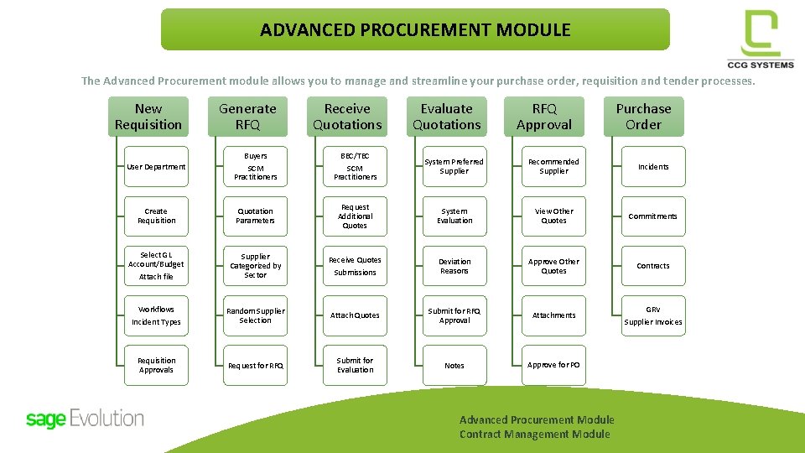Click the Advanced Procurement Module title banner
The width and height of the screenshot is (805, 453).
(x=415, y=30)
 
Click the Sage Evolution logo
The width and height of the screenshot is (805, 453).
(x=85, y=419)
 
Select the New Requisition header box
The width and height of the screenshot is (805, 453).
(x=148, y=117)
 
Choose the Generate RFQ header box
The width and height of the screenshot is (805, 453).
(x=247, y=117)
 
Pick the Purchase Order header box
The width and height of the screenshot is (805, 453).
(x=643, y=117)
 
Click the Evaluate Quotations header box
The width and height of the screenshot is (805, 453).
(x=446, y=117)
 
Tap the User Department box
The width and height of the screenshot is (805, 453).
(x=156, y=167)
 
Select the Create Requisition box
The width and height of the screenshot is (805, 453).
(x=156, y=216)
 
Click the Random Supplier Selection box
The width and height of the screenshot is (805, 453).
(x=256, y=315)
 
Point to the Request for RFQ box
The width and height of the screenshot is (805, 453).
(x=256, y=366)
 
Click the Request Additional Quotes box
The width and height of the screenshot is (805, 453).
(x=355, y=216)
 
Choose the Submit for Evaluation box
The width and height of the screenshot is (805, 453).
(x=355, y=366)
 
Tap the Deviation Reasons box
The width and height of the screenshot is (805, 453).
(x=454, y=266)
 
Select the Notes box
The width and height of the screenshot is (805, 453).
(x=454, y=366)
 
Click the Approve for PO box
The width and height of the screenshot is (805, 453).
(x=553, y=366)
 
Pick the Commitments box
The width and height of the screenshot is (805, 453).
(x=652, y=216)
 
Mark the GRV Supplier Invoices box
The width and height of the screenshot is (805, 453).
(x=652, y=315)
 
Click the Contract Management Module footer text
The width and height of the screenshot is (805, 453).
(x=534, y=435)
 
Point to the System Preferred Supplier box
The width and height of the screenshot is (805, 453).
(x=454, y=167)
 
